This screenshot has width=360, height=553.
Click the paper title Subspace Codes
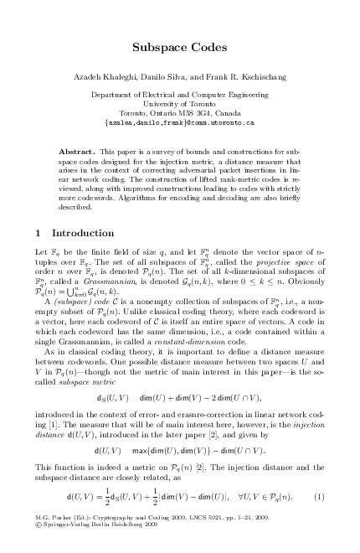(181, 49)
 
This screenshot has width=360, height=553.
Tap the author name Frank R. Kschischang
(238, 75)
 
